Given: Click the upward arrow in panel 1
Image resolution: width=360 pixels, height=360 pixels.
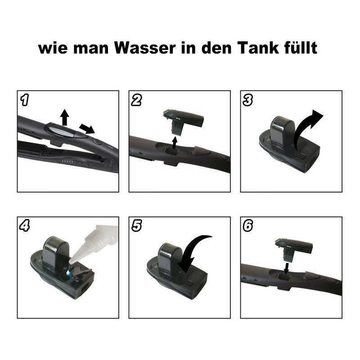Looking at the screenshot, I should point(65,116).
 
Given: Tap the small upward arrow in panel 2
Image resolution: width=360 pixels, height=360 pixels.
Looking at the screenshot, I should point(175,142).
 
